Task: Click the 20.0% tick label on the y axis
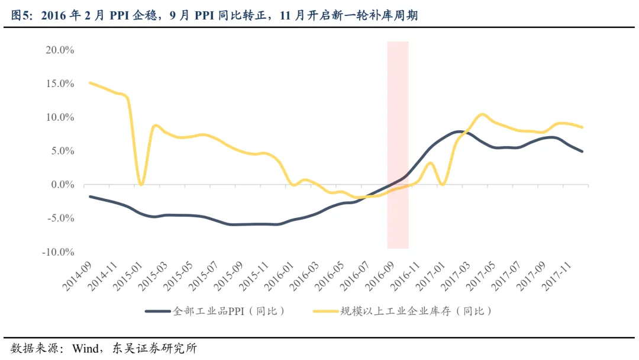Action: coord(59,50)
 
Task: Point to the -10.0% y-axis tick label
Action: coord(57,252)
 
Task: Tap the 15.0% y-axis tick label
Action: coord(59,84)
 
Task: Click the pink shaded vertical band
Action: coord(398,145)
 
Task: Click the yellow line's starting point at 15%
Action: coord(89,83)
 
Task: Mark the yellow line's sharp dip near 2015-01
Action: coord(140,185)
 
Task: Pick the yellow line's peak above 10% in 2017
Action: coord(482,114)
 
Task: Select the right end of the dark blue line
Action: coord(582,152)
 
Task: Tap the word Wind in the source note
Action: coord(84,348)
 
